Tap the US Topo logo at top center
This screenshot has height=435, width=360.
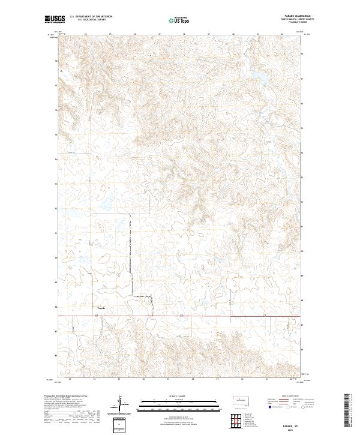179,19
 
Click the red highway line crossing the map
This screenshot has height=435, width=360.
210,316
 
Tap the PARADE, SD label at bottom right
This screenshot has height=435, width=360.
292,422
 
